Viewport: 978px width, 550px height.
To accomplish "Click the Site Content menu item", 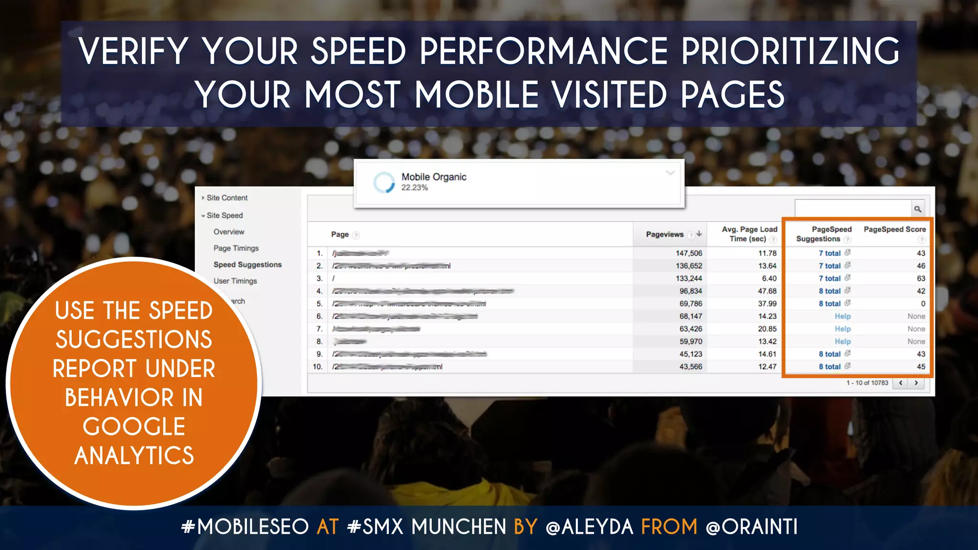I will point(227,198).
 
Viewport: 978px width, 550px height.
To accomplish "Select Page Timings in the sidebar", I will point(236,248).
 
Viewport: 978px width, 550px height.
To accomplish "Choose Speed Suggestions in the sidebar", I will point(247,264).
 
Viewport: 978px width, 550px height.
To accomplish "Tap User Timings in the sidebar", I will point(235,281).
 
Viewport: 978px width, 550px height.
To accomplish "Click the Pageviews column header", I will point(665,234).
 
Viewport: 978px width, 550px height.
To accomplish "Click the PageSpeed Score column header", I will point(894,230).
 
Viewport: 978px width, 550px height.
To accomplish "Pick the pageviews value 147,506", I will point(689,254).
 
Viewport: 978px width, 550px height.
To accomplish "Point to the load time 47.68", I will point(767,291).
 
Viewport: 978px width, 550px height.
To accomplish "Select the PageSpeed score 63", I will point(921,278).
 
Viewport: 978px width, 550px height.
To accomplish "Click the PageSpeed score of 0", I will point(923,304).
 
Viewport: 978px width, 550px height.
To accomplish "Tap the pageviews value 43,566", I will point(691,367).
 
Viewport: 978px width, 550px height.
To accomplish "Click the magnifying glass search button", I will point(917,209).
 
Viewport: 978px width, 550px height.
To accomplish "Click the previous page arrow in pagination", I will point(901,383).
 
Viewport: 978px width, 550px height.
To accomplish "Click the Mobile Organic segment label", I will point(434,177).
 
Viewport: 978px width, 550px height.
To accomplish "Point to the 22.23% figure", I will point(415,188).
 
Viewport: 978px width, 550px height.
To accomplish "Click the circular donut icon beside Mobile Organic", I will point(384,182).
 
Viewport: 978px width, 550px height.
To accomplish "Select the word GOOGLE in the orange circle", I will point(134,426).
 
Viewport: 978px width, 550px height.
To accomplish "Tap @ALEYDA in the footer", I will point(589,527).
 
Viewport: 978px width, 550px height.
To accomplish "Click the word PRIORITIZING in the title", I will point(790,51).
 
